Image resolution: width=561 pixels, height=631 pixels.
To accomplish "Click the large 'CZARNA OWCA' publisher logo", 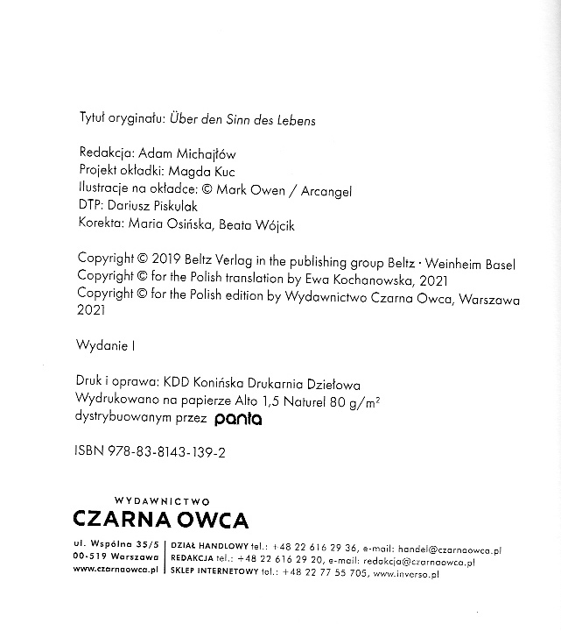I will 161,519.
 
